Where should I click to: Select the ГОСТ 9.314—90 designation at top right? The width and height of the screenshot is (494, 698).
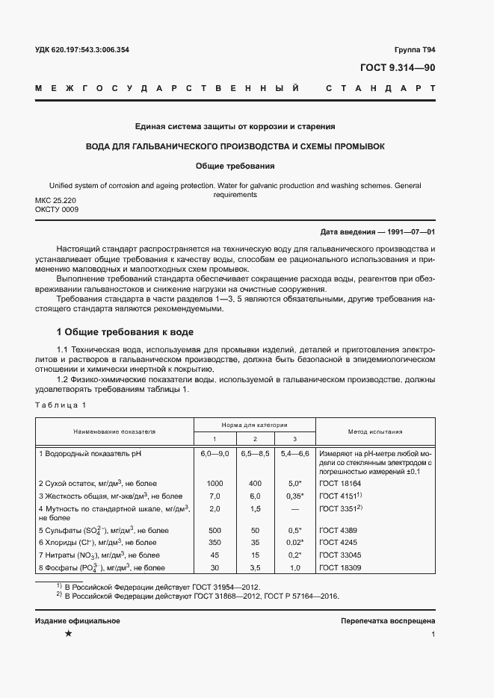(x=398, y=68)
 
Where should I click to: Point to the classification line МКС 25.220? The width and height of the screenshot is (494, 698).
(x=55, y=201)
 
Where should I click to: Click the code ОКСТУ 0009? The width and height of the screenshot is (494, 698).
(x=57, y=210)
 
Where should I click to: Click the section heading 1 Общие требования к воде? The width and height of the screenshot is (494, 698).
(x=127, y=331)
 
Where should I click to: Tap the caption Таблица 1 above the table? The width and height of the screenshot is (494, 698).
(x=61, y=405)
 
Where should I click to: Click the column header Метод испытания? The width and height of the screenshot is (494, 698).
(x=375, y=431)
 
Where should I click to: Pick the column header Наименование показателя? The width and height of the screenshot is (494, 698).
(x=114, y=431)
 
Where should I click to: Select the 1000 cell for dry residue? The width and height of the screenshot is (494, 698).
(x=215, y=484)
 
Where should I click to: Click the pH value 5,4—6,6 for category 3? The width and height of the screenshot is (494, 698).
(x=294, y=453)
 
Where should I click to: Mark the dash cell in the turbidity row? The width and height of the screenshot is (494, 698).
(x=294, y=508)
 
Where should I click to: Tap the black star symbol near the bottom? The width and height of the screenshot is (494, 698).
(x=68, y=634)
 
